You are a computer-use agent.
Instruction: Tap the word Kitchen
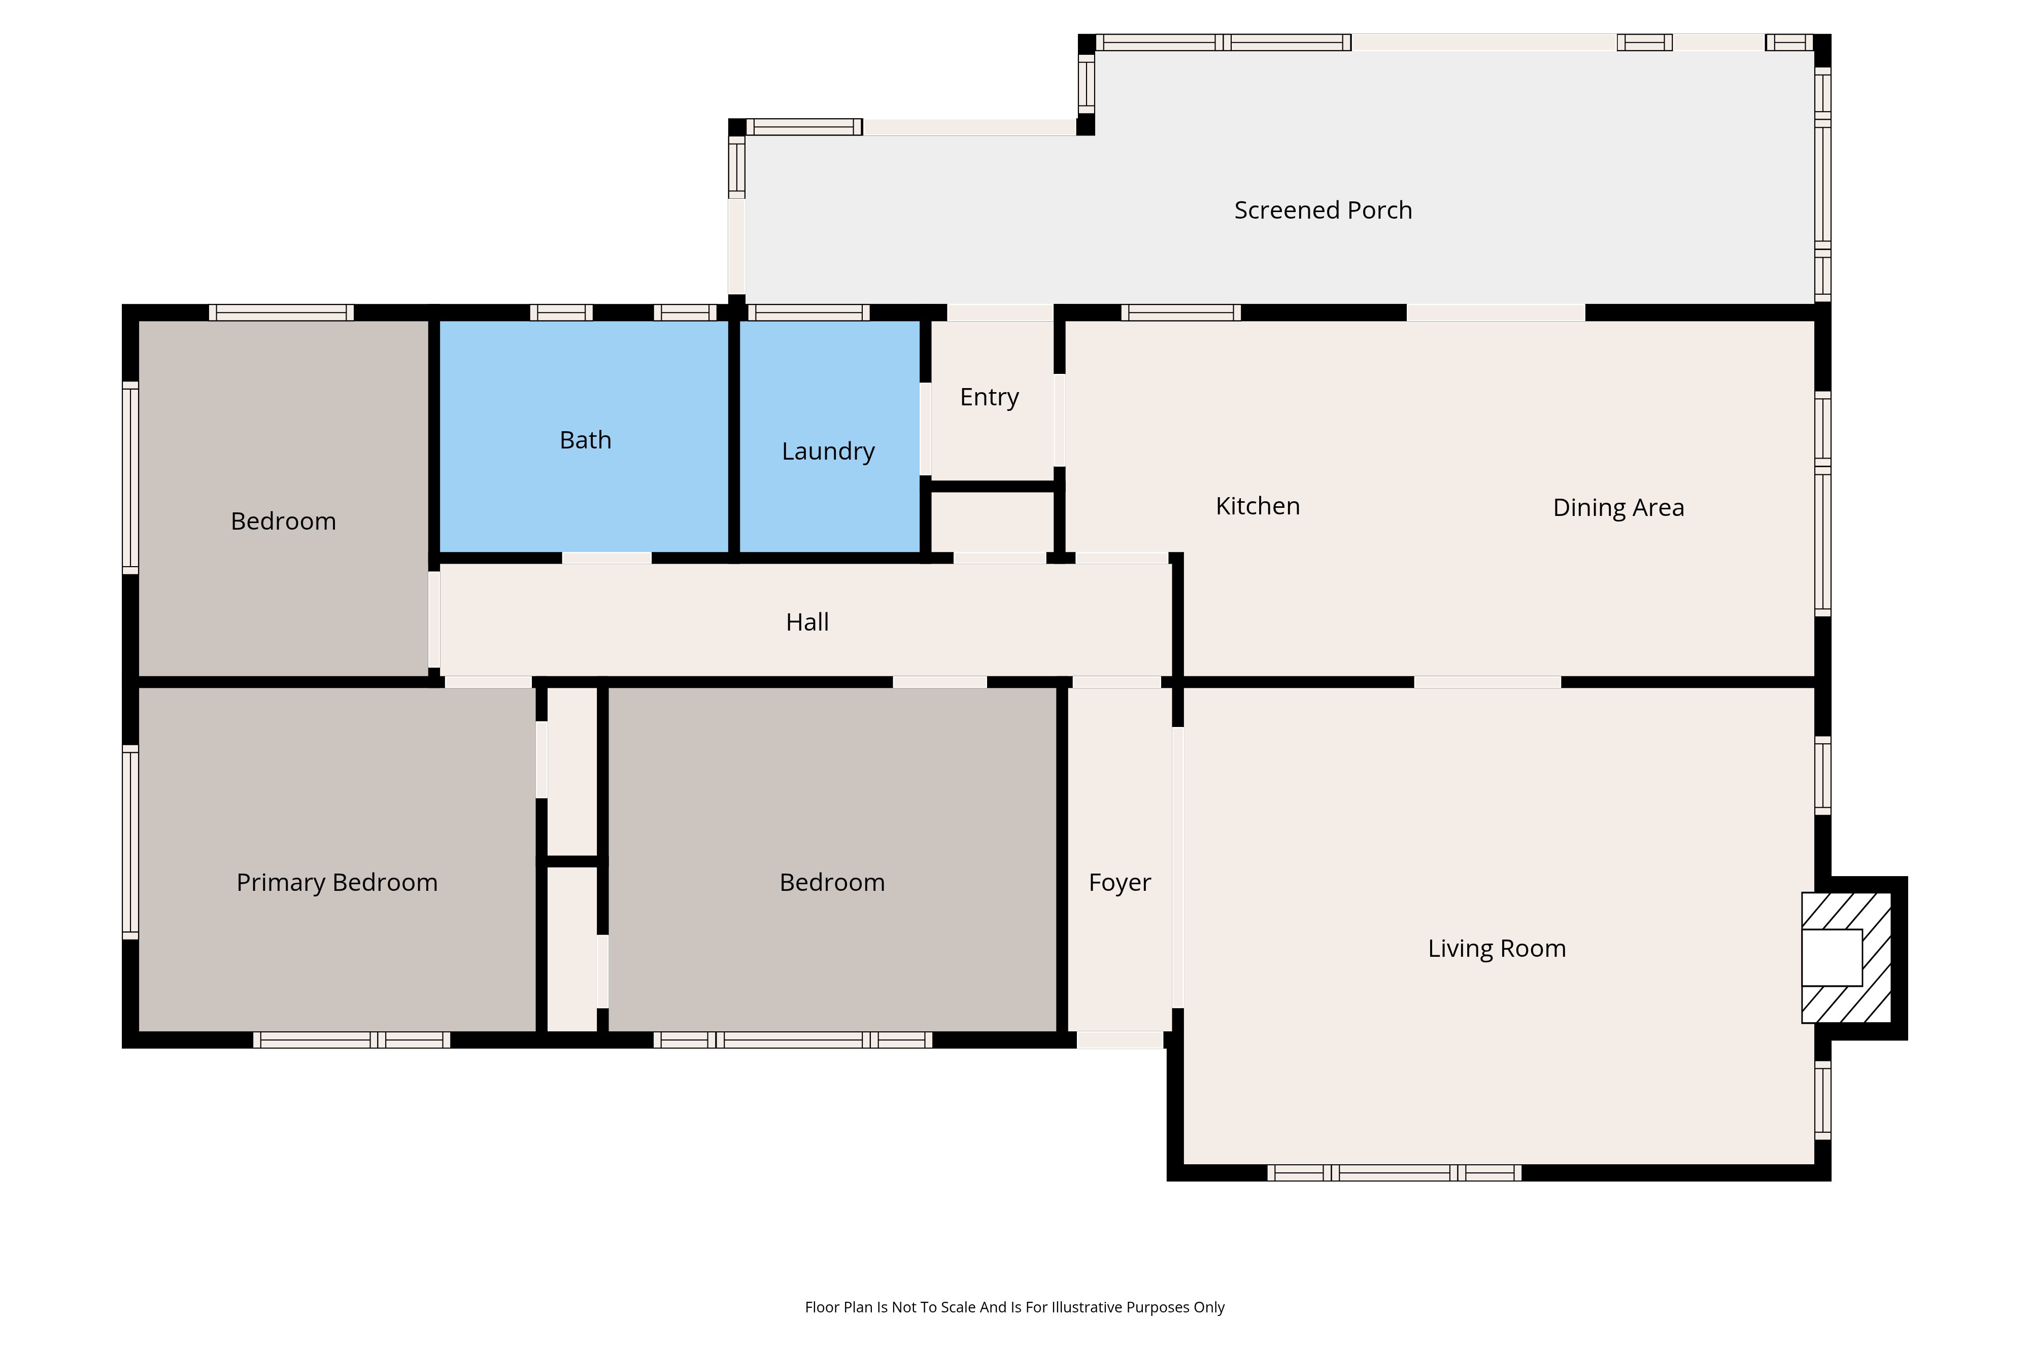(x=1258, y=506)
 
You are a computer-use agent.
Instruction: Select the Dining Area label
(x=1618, y=507)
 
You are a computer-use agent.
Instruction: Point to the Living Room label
(x=1497, y=948)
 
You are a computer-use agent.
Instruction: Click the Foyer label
(x=1120, y=883)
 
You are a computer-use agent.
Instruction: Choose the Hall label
(x=807, y=622)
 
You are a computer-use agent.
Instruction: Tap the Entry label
(x=989, y=397)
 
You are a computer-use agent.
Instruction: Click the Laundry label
(x=828, y=452)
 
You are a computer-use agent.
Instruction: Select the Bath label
(x=585, y=440)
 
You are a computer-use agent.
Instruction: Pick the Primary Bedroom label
(x=336, y=883)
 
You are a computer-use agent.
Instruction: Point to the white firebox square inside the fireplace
(x=1832, y=958)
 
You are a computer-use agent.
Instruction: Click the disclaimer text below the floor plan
(x=1014, y=1307)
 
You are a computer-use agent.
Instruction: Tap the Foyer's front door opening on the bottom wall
(x=1120, y=1040)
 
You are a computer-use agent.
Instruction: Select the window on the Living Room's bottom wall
(x=1394, y=1173)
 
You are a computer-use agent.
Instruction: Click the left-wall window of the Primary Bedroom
(x=130, y=842)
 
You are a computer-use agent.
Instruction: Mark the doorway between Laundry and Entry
(x=925, y=429)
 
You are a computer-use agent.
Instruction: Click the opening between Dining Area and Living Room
(x=1487, y=682)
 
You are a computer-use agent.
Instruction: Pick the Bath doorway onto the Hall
(x=607, y=558)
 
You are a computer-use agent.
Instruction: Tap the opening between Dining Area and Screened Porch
(x=1496, y=313)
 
